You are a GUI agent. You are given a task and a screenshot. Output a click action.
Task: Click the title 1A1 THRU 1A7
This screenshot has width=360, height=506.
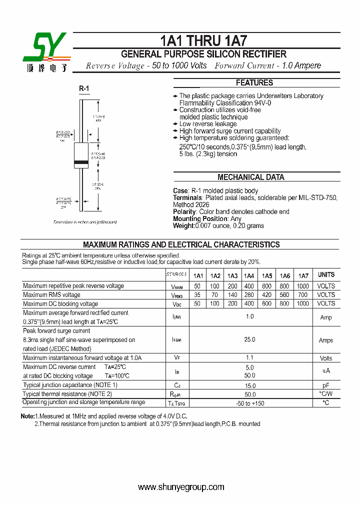203,40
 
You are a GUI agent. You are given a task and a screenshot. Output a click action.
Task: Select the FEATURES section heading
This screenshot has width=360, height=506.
254,83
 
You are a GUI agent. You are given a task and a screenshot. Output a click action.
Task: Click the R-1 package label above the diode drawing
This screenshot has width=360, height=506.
83,89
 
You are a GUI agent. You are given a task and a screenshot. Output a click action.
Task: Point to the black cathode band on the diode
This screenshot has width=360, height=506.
81,162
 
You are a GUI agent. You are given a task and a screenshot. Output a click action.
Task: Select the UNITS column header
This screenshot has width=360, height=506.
326,275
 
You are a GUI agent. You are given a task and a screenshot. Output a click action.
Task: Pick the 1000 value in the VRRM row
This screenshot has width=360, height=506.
302,286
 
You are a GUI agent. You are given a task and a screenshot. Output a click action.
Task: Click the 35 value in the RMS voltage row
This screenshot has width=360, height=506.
197,295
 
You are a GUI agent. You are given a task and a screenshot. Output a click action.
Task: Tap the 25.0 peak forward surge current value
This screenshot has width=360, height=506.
249,339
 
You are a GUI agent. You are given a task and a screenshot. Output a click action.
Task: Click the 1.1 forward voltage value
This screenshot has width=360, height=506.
249,357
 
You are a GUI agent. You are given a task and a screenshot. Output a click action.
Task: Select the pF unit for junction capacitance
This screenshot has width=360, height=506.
325,385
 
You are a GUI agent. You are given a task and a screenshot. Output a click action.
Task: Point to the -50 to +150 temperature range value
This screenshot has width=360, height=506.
249,403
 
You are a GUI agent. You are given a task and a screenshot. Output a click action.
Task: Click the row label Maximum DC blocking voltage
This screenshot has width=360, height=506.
60,304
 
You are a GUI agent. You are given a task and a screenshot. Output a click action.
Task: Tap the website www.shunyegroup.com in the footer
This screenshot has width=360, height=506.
181,487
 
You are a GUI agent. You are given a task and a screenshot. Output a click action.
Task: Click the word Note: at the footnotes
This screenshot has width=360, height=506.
27,416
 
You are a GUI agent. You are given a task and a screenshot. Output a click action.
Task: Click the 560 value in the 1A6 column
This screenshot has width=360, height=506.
285,295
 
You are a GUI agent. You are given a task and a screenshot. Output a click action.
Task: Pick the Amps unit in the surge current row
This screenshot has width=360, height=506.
325,340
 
